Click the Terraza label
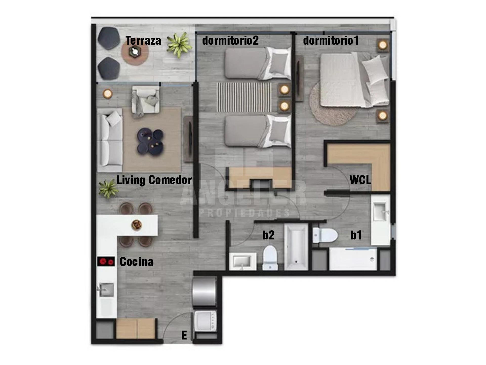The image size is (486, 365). point(143,41)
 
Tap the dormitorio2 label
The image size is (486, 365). point(230,41)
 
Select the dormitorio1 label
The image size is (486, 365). point(331,41)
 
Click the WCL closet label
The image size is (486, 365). point(360,180)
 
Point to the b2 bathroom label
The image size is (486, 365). point(269,235)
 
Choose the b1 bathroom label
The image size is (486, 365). point(356,235)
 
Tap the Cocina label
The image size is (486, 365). point(136,262)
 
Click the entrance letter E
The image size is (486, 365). point(184,335)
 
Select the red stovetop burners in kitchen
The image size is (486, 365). point(106,261)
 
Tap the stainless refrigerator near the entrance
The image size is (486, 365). point(204,291)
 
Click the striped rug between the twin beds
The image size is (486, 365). point(244,97)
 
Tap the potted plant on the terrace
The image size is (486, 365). point(179,45)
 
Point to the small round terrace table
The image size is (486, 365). point(135,52)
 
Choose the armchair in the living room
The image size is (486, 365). point(146,100)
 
